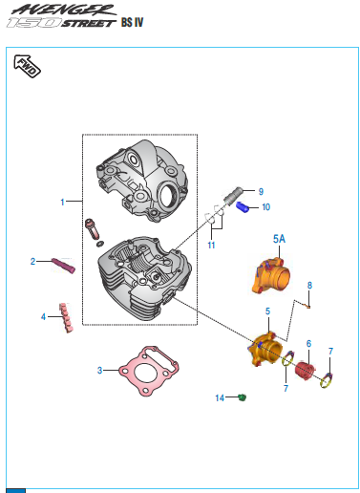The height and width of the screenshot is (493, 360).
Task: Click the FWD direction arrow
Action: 27,66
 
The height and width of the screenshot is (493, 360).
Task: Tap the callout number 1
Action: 62,202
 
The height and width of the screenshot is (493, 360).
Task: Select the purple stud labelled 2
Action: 63,266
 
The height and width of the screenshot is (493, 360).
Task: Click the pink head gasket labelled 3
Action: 148,371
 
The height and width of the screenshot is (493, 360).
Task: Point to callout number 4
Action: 43,317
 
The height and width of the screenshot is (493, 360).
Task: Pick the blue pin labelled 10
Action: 243,207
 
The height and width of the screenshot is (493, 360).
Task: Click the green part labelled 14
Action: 243,397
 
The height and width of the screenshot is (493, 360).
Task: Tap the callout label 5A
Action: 279,239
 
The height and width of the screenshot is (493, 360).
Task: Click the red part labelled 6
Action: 305,372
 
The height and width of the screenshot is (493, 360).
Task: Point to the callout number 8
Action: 309,286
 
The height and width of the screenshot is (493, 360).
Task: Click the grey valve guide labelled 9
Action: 233,195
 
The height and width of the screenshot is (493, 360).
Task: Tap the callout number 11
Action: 211,246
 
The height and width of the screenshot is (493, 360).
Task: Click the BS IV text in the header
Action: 132,22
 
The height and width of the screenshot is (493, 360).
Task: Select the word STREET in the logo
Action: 88,23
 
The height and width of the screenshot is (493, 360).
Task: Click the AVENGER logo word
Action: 64,10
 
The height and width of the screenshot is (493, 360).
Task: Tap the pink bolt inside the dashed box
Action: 92,229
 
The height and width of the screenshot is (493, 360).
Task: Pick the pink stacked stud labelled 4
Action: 66,317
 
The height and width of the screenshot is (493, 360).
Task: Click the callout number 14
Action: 220,397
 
